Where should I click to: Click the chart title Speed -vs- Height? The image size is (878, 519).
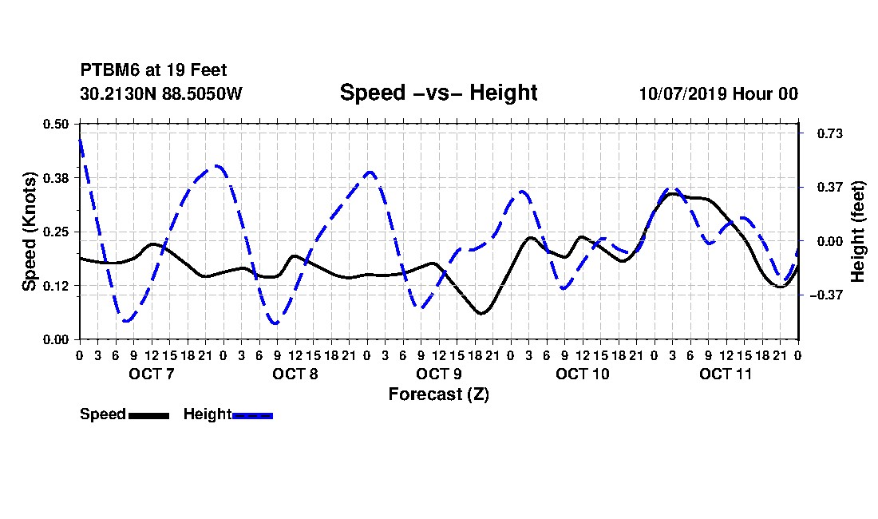(x=438, y=93)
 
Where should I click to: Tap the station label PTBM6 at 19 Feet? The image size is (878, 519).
(x=153, y=70)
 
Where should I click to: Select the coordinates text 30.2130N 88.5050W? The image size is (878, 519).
(x=161, y=93)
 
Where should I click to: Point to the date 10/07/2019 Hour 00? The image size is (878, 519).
(x=718, y=93)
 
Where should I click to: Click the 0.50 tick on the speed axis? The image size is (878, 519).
(x=55, y=124)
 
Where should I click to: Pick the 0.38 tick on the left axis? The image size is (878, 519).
(x=55, y=178)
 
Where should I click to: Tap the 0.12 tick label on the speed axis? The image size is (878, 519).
(x=55, y=286)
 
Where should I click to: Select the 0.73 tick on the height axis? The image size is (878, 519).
(x=830, y=133)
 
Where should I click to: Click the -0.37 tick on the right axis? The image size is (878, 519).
(x=826, y=295)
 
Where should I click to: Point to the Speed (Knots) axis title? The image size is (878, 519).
(x=29, y=232)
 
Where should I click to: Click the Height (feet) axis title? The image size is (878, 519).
(x=858, y=232)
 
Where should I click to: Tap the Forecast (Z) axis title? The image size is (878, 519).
(x=439, y=394)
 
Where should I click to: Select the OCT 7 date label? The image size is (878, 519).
(x=152, y=374)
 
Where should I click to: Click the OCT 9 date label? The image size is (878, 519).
(x=439, y=374)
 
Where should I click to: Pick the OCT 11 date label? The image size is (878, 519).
(x=726, y=374)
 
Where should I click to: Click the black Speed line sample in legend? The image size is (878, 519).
(x=149, y=415)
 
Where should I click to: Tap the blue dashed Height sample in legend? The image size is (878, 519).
(x=252, y=415)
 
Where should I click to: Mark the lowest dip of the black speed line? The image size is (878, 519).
(x=481, y=313)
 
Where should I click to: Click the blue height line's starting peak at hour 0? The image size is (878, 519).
(x=80, y=140)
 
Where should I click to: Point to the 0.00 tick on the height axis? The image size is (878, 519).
(x=830, y=241)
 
